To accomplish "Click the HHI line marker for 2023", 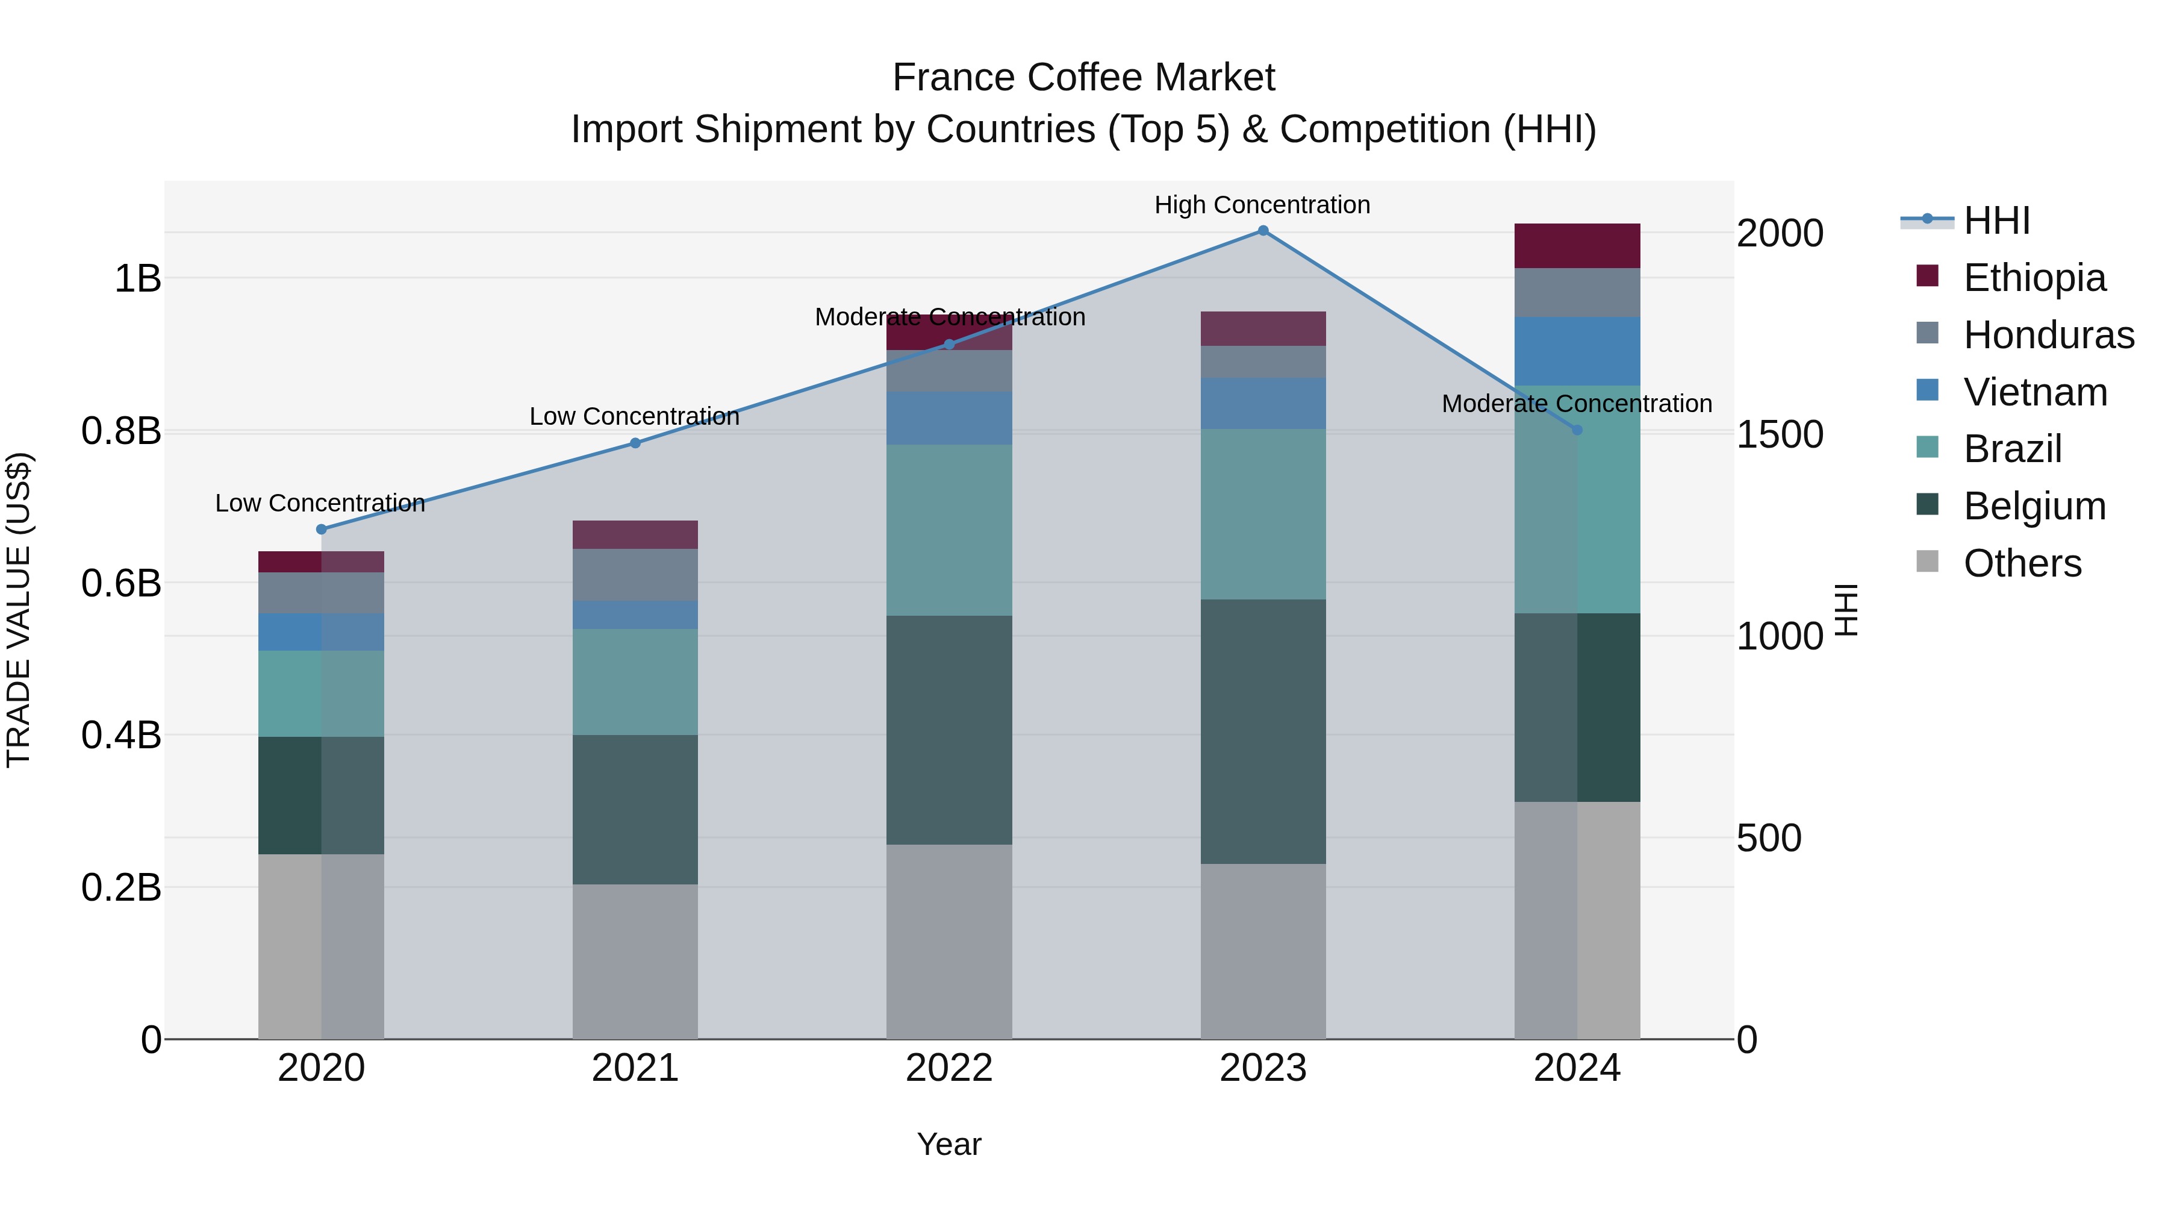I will (1262, 231).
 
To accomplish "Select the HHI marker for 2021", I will (635, 443).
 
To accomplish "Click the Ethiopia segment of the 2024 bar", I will (1577, 246).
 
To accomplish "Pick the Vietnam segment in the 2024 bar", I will (1577, 351).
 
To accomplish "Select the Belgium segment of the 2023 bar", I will (1262, 731).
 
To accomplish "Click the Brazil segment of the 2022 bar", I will (948, 530).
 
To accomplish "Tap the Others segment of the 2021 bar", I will (635, 961).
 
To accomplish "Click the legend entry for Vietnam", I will (2034, 392).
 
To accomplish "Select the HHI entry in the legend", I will (1996, 221).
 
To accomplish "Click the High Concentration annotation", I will (1262, 205).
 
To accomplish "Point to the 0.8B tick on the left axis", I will (121, 431).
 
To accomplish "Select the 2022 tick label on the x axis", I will (948, 1068).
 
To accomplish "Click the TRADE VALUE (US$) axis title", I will (19, 610).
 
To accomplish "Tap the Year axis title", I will (948, 1144).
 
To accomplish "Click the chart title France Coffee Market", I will (1083, 78).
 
